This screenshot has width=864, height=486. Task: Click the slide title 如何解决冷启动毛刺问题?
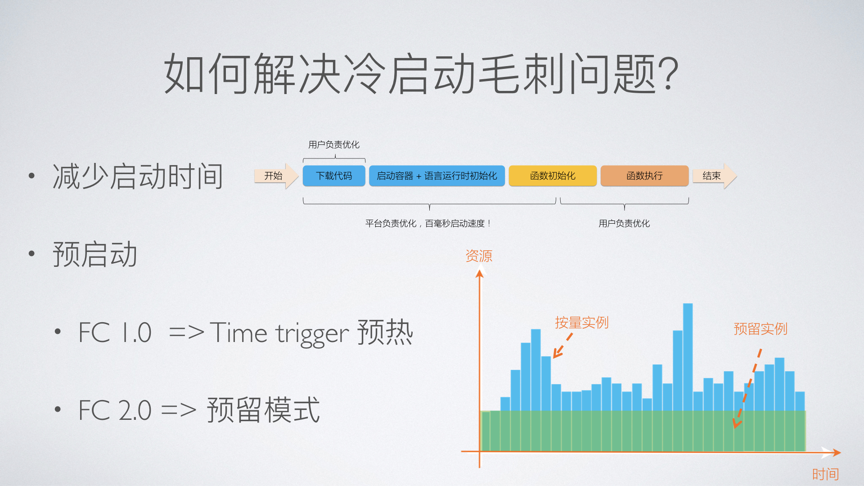pyautogui.click(x=421, y=73)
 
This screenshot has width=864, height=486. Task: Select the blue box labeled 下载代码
pyautogui.click(x=334, y=175)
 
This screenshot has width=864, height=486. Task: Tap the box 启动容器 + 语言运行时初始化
pyautogui.click(x=437, y=175)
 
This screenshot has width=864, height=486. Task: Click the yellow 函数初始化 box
pyautogui.click(x=553, y=175)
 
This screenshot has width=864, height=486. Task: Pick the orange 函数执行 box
pyautogui.click(x=644, y=175)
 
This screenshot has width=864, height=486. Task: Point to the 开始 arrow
pyautogui.click(x=276, y=175)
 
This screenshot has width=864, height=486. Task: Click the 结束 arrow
pyautogui.click(x=714, y=175)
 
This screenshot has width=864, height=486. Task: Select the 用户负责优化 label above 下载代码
pyautogui.click(x=334, y=144)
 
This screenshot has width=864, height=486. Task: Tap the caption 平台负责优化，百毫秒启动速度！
pyautogui.click(x=428, y=223)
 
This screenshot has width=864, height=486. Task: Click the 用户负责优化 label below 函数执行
pyautogui.click(x=624, y=223)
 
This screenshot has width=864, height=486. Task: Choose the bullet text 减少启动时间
pyautogui.click(x=138, y=176)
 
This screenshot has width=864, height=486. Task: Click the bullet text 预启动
pyautogui.click(x=95, y=254)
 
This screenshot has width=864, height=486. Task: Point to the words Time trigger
pyautogui.click(x=279, y=333)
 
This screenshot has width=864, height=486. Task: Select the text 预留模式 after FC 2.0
pyautogui.click(x=263, y=410)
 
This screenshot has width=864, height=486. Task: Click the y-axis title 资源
pyautogui.click(x=479, y=256)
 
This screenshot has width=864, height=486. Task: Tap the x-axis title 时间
pyautogui.click(x=825, y=474)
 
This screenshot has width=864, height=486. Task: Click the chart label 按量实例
pyautogui.click(x=581, y=322)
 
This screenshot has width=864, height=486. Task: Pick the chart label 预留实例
pyautogui.click(x=760, y=328)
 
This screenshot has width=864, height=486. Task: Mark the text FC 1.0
pyautogui.click(x=115, y=333)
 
